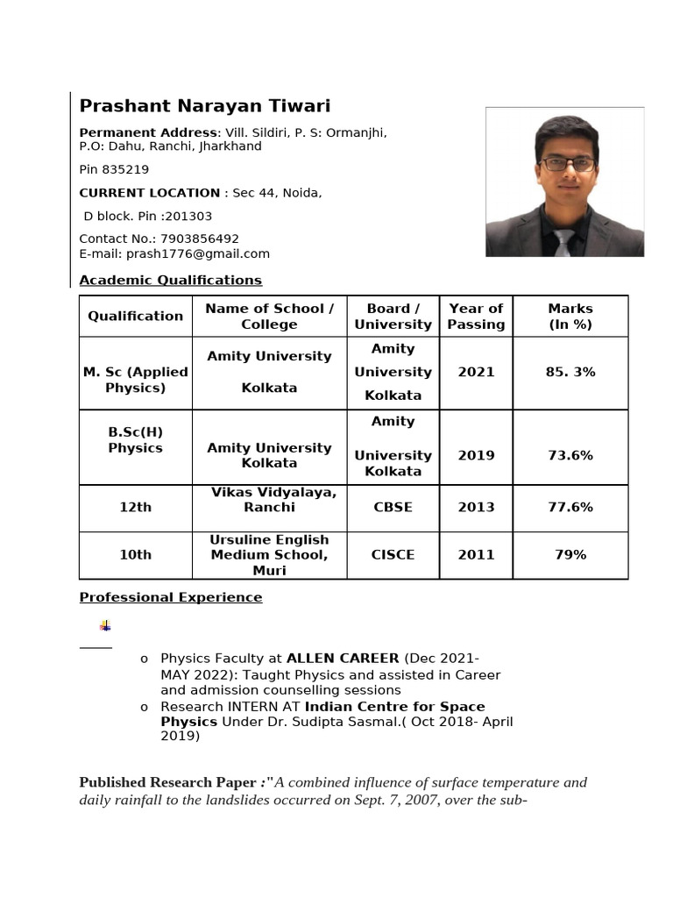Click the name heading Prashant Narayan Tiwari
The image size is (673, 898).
[205, 106]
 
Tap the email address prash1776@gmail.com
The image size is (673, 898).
[197, 253]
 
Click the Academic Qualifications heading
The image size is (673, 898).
[170, 280]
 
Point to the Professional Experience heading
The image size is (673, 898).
[170, 597]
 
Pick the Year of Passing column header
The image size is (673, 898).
[476, 317]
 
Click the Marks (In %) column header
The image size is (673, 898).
[570, 317]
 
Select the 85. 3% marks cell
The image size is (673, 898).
[570, 372]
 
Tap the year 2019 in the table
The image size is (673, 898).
[476, 455]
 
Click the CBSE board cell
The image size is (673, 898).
[393, 507]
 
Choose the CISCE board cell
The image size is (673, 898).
[393, 554]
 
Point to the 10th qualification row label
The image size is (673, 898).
[135, 554]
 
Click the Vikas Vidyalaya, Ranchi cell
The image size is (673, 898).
[269, 500]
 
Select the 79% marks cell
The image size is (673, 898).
[570, 554]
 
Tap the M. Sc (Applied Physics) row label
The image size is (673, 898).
[135, 380]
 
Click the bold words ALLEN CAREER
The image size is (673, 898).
[343, 659]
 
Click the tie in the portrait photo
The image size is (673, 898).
[563, 242]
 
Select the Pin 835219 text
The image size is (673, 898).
[114, 169]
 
